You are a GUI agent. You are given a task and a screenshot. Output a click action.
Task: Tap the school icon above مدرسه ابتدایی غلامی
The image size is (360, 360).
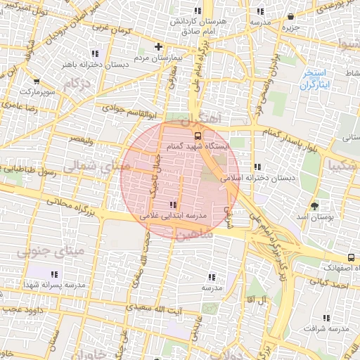click(174, 205)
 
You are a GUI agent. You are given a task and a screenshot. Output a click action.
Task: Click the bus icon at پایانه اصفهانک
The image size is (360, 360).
click(352, 257)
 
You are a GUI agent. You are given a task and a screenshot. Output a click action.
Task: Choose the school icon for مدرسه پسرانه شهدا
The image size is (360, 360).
click(54, 274)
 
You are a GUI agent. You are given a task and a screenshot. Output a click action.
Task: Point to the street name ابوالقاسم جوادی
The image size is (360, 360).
click(124, 109)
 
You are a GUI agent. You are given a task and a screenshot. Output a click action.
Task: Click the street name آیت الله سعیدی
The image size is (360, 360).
click(154, 309)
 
